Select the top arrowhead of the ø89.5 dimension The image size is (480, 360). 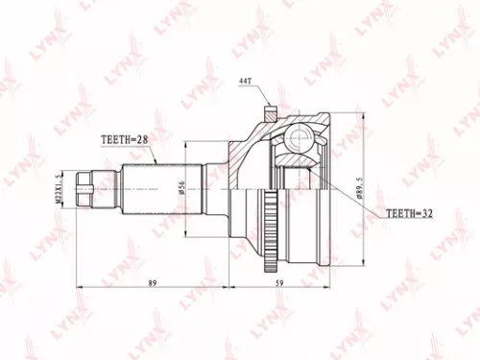coord(363,116)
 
